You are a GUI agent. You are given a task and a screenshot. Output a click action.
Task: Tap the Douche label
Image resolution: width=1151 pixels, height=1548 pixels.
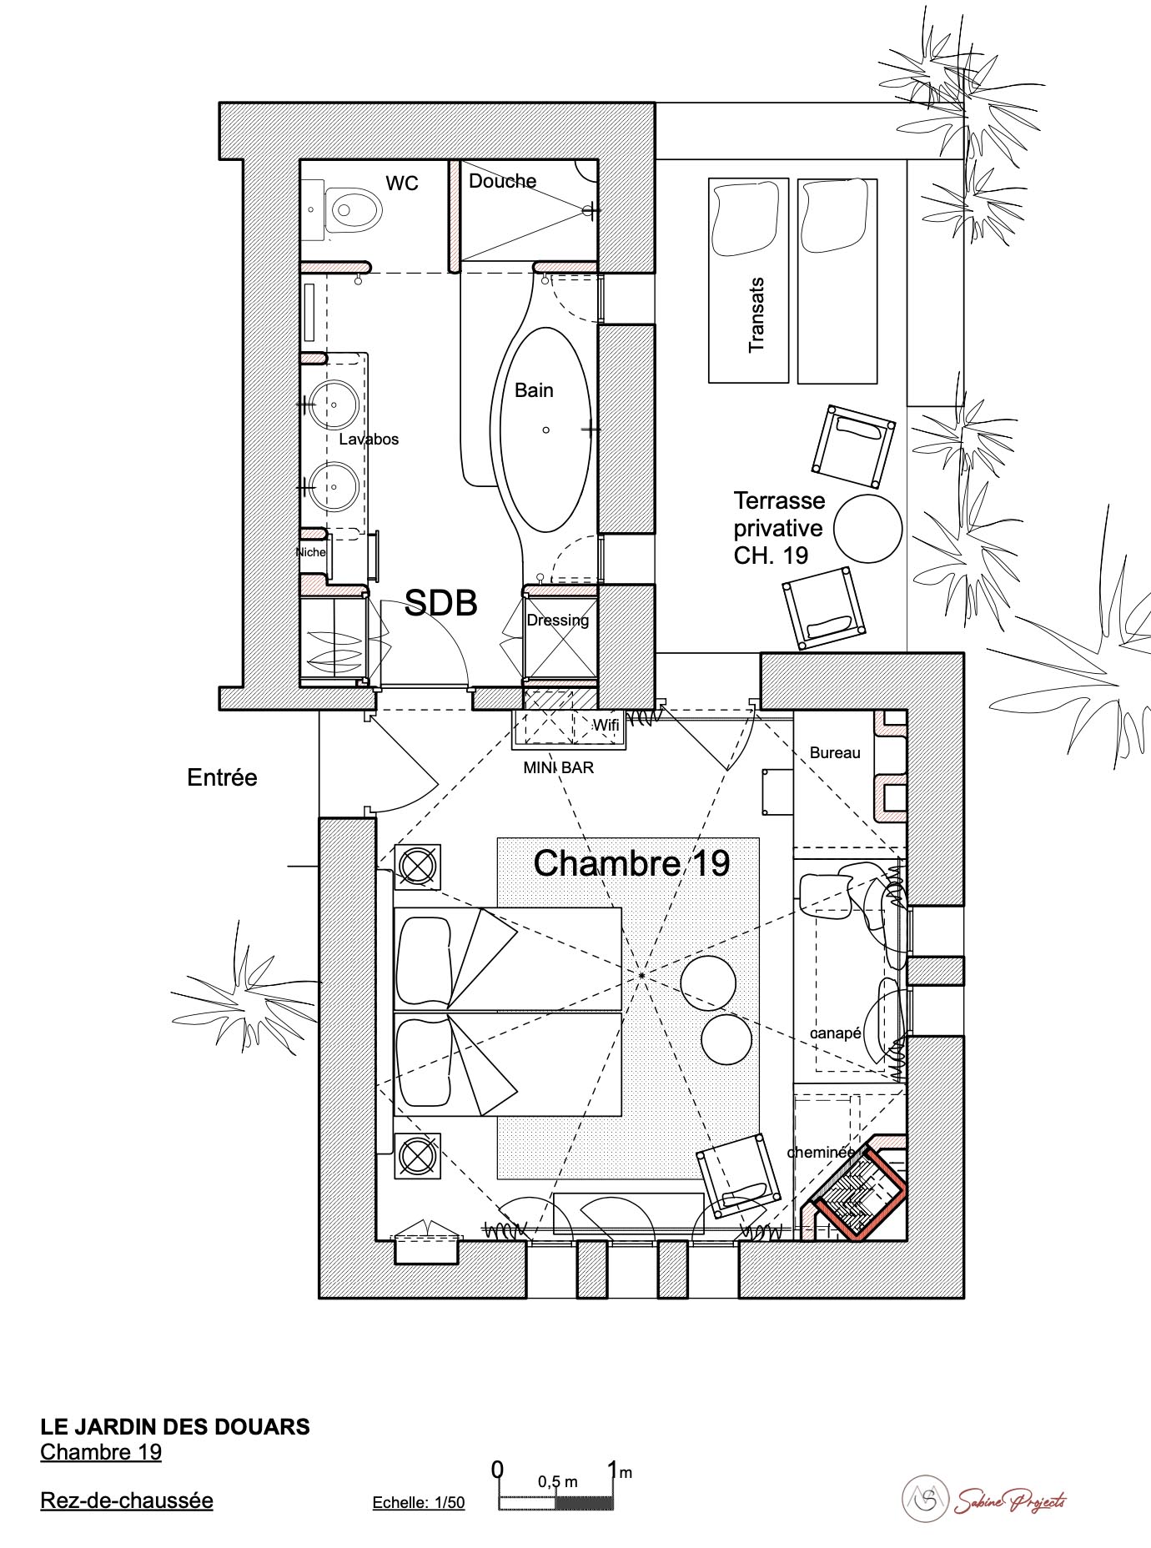point(502,181)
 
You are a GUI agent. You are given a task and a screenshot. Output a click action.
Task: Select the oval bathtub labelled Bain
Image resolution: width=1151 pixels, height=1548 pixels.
point(545,430)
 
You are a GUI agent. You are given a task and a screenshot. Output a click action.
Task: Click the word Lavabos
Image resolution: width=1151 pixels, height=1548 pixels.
point(369,439)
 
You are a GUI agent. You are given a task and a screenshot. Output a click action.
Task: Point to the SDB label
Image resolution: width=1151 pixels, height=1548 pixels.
point(440,603)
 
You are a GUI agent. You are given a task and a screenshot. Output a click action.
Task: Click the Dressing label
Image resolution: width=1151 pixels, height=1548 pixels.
point(558,620)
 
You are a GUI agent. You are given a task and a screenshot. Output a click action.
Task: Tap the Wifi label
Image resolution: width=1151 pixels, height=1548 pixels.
point(606,726)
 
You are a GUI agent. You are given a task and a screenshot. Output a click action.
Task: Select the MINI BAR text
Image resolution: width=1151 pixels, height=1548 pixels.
point(559,767)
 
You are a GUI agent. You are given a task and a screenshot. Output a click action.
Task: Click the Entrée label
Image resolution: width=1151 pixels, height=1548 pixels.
point(222,777)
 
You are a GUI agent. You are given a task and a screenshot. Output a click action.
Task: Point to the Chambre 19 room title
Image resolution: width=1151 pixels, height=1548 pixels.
point(631,863)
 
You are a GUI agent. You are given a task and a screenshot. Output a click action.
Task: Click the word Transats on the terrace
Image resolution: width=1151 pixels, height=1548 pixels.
point(756,315)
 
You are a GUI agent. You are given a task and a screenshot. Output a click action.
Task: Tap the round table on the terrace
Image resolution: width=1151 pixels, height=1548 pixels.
point(868,529)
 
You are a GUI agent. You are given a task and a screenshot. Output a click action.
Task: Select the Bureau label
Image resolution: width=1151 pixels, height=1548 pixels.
point(835,753)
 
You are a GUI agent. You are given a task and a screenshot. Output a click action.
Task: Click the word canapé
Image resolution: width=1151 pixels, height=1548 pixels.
point(836,1033)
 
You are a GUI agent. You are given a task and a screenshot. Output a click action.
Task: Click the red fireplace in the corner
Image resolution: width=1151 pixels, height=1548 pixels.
point(859,1189)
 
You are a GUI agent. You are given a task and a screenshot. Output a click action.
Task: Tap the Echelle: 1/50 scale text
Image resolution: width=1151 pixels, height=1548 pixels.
point(419,1503)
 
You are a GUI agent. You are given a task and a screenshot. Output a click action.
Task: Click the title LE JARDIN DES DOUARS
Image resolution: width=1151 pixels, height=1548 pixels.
point(175,1426)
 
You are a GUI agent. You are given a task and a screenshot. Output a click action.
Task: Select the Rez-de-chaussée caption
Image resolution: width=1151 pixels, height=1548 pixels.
point(127,1500)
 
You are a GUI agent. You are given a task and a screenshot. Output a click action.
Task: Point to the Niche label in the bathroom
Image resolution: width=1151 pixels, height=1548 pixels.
point(310,552)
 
